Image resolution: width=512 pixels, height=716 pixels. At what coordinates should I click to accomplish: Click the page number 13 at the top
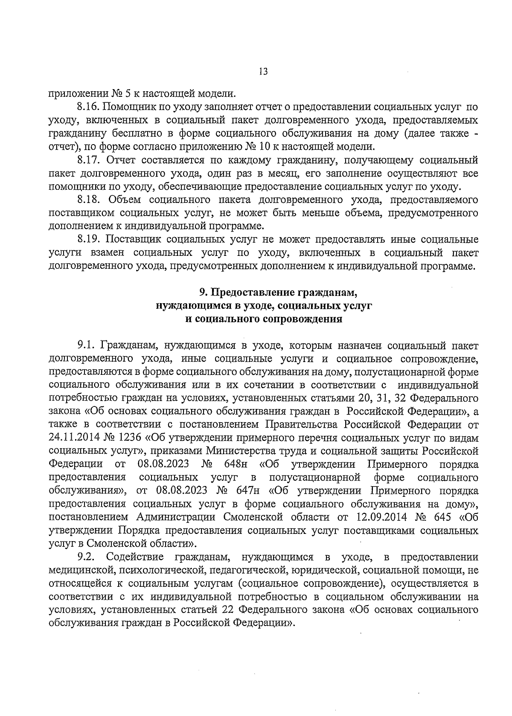coord(263,72)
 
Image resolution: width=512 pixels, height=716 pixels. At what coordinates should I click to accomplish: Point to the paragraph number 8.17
coord(89,160)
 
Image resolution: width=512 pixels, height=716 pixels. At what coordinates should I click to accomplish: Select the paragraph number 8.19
coord(89,240)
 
